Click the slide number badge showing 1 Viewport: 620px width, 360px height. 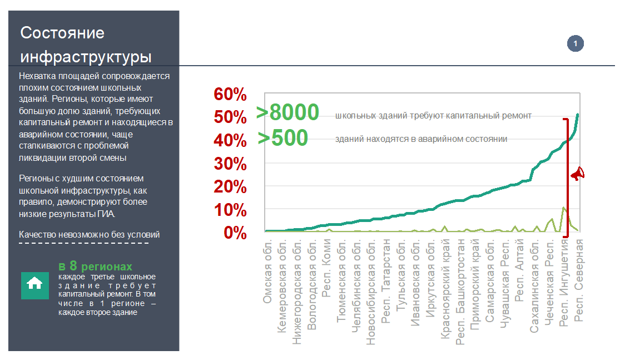575,43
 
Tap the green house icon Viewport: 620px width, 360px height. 34,283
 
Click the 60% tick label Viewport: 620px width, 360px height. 230,95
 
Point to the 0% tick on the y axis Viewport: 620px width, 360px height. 235,233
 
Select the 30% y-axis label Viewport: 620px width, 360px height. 230,164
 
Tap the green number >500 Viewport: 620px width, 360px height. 283,137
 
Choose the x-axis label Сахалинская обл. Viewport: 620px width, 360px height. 534,284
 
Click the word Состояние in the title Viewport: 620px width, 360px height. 62,32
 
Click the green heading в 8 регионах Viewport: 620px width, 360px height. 96,266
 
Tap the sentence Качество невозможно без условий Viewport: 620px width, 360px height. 90,234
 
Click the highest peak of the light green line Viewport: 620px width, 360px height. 564,208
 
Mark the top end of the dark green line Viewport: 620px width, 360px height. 578,115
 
